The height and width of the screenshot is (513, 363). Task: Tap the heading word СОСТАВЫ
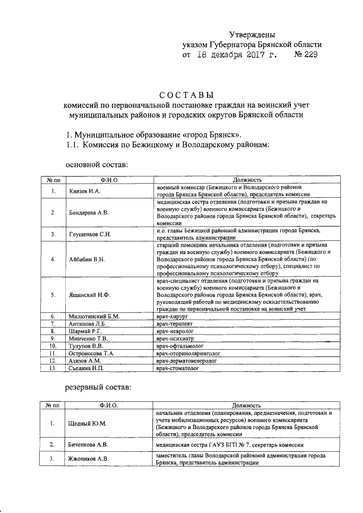pos(185,94)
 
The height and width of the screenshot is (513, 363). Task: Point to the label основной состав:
pos(96,164)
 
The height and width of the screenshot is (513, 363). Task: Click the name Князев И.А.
pos(84,191)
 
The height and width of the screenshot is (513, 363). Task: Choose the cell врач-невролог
pos(175,330)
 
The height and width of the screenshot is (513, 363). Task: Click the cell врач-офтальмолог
pos(179,345)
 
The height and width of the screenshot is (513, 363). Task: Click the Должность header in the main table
pos(247,179)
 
